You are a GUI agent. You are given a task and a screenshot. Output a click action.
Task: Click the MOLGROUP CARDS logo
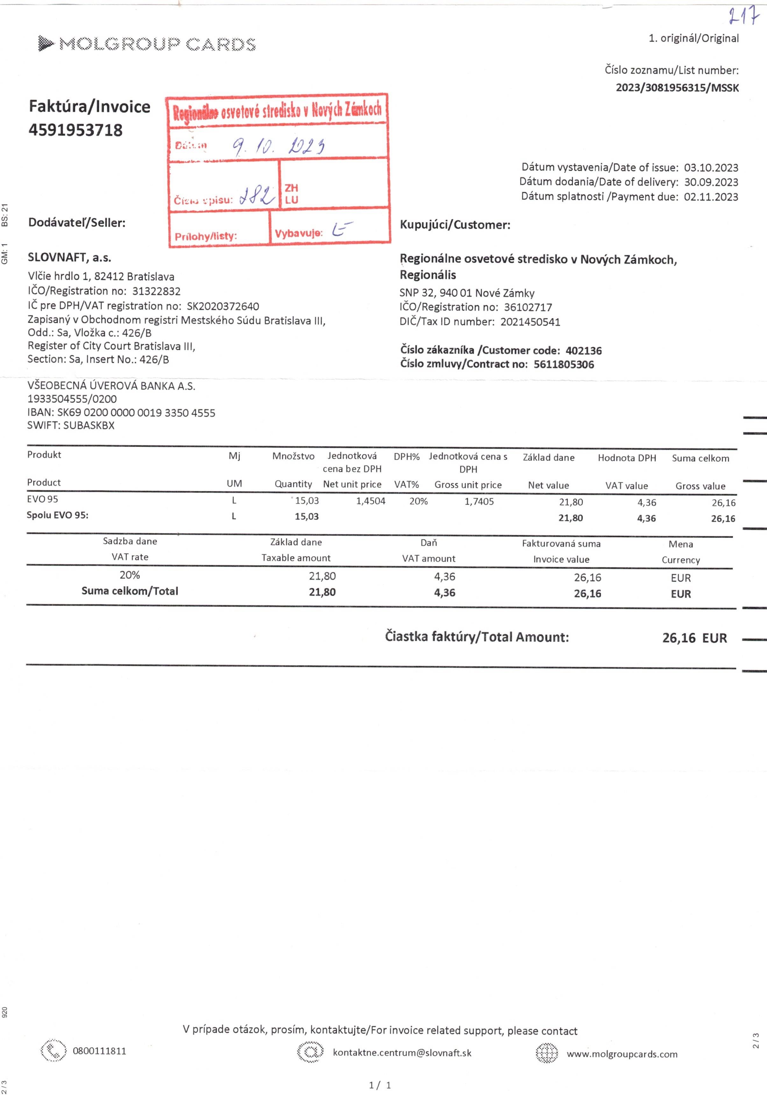click(x=147, y=44)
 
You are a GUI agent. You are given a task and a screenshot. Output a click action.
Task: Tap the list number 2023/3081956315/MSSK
click(x=677, y=88)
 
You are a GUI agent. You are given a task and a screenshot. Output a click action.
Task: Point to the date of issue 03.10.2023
click(x=711, y=168)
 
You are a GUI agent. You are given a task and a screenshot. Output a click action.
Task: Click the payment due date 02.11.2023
click(x=711, y=197)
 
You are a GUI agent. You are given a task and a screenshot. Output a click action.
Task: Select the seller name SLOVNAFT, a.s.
click(x=70, y=258)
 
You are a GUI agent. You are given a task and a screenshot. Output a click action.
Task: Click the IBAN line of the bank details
click(x=121, y=413)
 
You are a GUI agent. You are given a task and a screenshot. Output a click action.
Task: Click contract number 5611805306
click(x=564, y=365)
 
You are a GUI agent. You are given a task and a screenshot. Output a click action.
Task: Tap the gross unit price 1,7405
click(x=479, y=502)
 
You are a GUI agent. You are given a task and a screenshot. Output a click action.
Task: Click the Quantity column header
click(x=293, y=484)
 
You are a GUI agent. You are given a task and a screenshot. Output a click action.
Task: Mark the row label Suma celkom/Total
click(x=130, y=591)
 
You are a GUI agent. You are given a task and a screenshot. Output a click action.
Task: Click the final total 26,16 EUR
click(x=694, y=638)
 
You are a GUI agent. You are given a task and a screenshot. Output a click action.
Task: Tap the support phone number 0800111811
click(x=99, y=1051)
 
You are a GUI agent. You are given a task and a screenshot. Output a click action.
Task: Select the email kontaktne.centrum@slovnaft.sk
click(x=402, y=1053)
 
